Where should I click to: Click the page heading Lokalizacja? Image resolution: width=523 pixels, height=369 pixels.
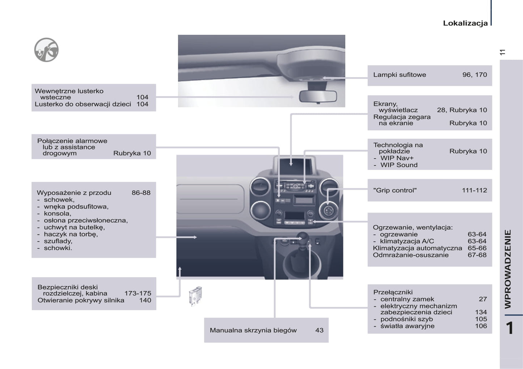pyautogui.click(x=465, y=23)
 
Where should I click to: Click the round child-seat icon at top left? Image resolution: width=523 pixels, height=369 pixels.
pyautogui.click(x=46, y=50)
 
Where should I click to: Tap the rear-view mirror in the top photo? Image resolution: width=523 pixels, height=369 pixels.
pyautogui.click(x=318, y=96)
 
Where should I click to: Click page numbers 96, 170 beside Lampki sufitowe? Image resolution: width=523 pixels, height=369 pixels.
pyautogui.click(x=475, y=75)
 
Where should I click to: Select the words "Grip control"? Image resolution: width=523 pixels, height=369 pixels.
pyautogui.click(x=395, y=190)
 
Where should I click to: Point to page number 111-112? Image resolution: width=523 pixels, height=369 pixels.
pyautogui.click(x=474, y=190)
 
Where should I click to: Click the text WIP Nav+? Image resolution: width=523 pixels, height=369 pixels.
pyautogui.click(x=397, y=158)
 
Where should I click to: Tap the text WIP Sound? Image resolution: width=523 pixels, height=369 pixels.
pyautogui.click(x=399, y=165)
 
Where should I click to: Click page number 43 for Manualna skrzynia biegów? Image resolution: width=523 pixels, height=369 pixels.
pyautogui.click(x=319, y=330)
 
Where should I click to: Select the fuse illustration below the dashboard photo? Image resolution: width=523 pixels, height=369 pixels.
pyautogui.click(x=195, y=296)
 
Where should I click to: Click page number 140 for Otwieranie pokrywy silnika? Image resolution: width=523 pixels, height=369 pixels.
pyautogui.click(x=145, y=300)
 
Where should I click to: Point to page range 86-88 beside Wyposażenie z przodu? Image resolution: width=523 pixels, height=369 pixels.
pyautogui.click(x=141, y=193)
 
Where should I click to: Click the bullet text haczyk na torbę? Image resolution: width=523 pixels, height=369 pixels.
pyautogui.click(x=71, y=234)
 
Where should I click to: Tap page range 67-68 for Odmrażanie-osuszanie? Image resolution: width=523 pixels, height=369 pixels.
pyautogui.click(x=477, y=255)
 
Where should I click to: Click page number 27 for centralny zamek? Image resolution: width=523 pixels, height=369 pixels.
pyautogui.click(x=483, y=299)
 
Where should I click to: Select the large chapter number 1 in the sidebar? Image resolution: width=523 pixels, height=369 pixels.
pyautogui.click(x=510, y=328)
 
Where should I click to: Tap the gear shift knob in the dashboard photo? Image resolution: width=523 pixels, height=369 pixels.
pyautogui.click(x=301, y=237)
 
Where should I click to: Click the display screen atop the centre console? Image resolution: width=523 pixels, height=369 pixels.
pyautogui.click(x=295, y=167)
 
